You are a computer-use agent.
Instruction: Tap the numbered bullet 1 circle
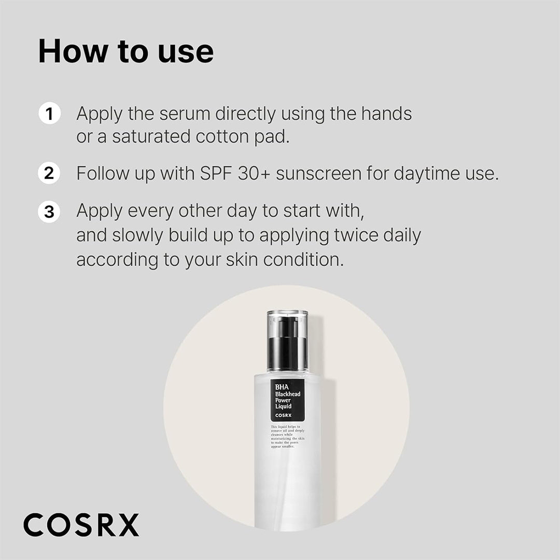(49, 114)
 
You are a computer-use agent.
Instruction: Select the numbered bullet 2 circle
(49, 173)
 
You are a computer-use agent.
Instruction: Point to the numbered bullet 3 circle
(49, 212)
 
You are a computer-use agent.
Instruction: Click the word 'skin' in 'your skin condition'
(242, 259)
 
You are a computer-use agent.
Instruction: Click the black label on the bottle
(287, 399)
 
